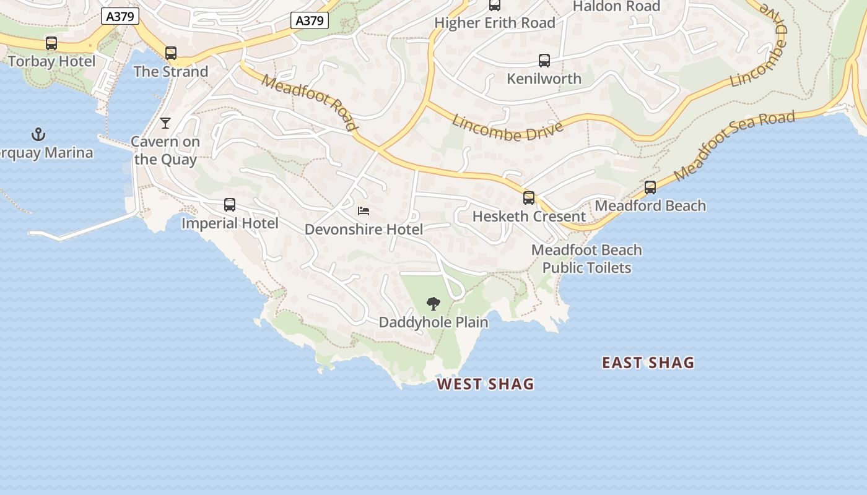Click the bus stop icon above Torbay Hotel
[x=51, y=43]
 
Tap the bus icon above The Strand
[x=170, y=53]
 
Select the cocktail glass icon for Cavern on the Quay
[x=165, y=123]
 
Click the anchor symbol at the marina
[x=38, y=134]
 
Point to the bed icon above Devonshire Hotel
[x=364, y=212]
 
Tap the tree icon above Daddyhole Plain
[x=434, y=303]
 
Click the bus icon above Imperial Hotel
[x=230, y=205]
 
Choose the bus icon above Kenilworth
[x=544, y=61]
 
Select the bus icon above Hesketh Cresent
[x=529, y=198]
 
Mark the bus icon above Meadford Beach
[x=650, y=187]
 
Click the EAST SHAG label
[x=648, y=363]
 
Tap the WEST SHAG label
[x=486, y=384]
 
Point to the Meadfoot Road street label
[x=310, y=103]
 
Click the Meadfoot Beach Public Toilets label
[x=586, y=259]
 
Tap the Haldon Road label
[x=616, y=6]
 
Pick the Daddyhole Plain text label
[x=434, y=322]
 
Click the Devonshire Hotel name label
[x=364, y=230]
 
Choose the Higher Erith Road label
[x=495, y=23]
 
